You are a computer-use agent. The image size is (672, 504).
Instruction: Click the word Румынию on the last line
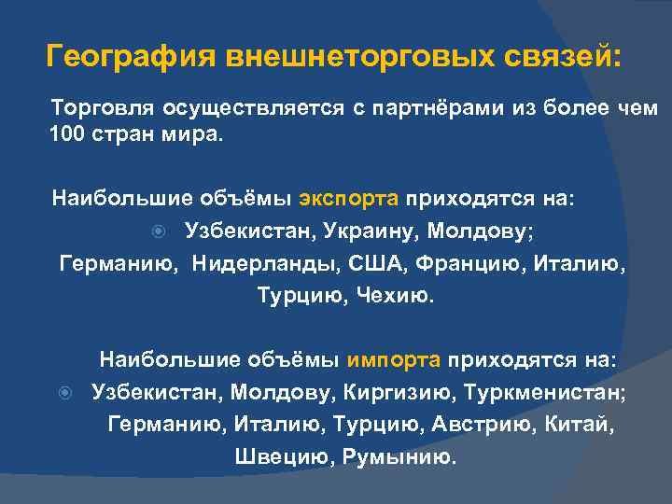pyautogui.click(x=399, y=456)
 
